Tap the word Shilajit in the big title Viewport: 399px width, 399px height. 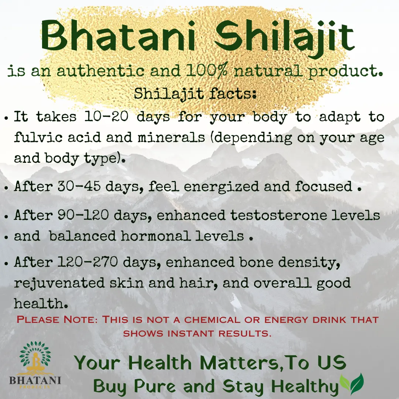tap(284, 38)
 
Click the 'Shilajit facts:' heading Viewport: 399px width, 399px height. tap(195, 93)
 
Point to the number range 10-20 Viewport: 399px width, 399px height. tap(106, 116)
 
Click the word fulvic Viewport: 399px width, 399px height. tap(38, 137)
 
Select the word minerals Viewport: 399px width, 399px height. tap(171, 137)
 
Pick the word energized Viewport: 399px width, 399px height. tap(221, 187)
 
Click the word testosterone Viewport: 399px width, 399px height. tap(279, 215)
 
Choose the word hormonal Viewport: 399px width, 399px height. tap(156, 236)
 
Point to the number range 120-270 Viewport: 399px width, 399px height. tap(88, 262)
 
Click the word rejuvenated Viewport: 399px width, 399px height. tap(59, 283)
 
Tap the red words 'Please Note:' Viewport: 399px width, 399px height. tap(57, 319)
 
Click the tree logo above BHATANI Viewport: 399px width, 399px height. tap(35, 358)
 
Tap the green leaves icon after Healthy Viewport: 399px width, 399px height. tap(352, 383)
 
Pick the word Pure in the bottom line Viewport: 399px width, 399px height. tap(155, 386)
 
